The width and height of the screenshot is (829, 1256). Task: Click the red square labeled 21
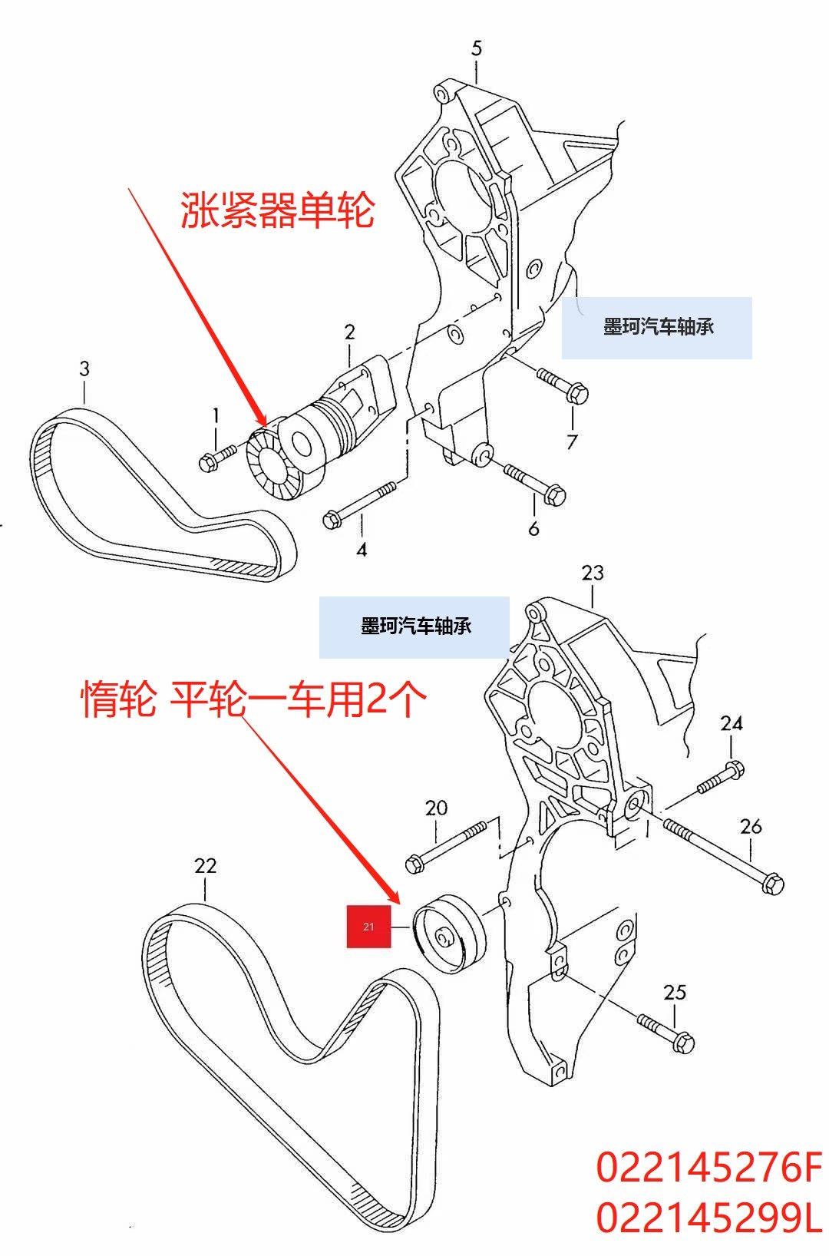click(x=368, y=926)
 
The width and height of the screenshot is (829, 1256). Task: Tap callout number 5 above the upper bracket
click(x=477, y=48)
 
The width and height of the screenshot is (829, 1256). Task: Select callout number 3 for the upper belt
click(x=84, y=369)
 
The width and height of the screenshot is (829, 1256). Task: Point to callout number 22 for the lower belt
click(x=205, y=866)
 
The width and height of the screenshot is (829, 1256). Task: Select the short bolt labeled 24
click(x=721, y=777)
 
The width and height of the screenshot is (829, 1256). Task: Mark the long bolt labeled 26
click(x=722, y=853)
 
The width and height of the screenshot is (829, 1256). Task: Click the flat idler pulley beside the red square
click(x=450, y=933)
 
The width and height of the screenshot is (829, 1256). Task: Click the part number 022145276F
click(x=708, y=1168)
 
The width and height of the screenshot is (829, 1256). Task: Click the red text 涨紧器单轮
click(x=277, y=210)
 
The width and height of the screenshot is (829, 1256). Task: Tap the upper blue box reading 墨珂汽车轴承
click(x=657, y=328)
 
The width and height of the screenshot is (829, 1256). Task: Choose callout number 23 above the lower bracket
click(x=593, y=573)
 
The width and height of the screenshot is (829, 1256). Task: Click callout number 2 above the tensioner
click(x=350, y=332)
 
